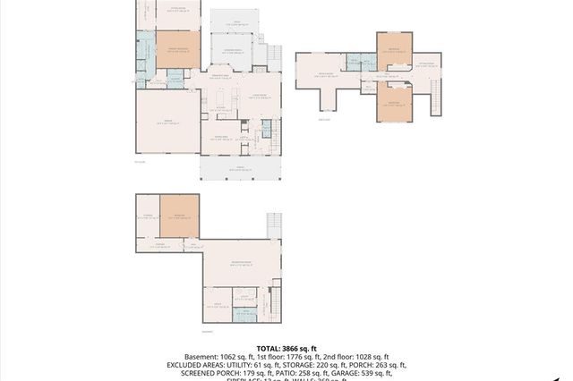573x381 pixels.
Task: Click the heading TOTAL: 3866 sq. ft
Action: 286,347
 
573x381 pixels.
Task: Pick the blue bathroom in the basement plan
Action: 244,312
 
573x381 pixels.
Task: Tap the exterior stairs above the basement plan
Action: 274,224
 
